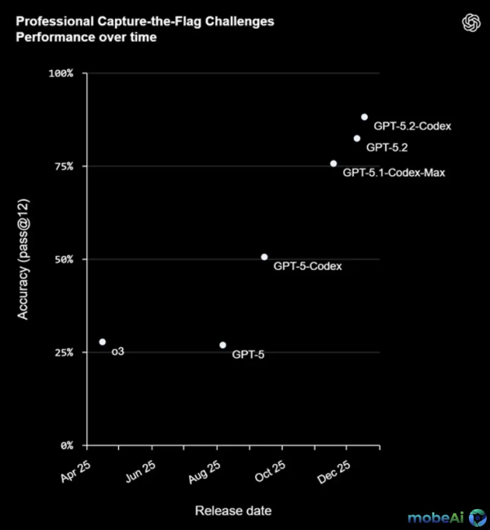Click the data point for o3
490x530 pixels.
[x=102, y=342]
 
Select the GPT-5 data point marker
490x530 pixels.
[x=223, y=345]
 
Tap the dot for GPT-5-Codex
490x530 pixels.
[x=264, y=257]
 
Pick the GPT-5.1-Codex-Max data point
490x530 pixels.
[x=334, y=163]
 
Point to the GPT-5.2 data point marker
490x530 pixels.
[x=357, y=138]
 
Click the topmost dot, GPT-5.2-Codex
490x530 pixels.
[x=364, y=117]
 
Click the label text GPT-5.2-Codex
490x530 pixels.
[x=412, y=126]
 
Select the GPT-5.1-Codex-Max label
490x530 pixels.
[x=394, y=172]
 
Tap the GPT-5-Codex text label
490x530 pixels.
[x=308, y=266]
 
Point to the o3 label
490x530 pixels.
[x=118, y=352]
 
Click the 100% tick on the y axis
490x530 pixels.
[x=61, y=73]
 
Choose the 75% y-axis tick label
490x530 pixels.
[x=64, y=166]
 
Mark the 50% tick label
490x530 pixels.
[x=64, y=260]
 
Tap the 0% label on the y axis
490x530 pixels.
[x=66, y=446]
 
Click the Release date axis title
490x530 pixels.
[x=233, y=511]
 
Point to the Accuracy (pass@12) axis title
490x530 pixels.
[x=23, y=258]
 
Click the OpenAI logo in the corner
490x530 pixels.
[x=471, y=22]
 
